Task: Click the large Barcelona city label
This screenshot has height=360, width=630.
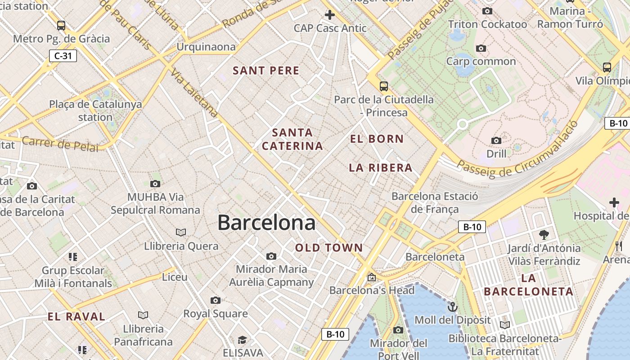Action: (266, 223)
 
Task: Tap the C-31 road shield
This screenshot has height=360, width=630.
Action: (63, 56)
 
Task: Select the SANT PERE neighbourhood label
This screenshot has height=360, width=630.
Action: (266, 71)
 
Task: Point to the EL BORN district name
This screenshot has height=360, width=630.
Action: (377, 139)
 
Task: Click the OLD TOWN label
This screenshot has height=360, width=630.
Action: (329, 247)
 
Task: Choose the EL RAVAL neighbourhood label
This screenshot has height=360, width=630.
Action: (76, 316)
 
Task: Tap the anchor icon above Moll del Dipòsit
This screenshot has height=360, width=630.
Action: (452, 307)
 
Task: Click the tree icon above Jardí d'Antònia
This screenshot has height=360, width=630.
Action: (544, 234)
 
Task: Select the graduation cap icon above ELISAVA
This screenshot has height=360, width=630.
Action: (243, 339)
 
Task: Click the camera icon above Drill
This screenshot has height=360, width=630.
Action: (496, 141)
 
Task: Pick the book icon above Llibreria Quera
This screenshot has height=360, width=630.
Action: (181, 233)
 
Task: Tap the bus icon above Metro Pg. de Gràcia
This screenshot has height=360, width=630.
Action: (61, 26)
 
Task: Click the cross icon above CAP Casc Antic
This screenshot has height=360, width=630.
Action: (330, 15)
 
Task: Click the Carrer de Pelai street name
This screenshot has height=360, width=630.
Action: (60, 144)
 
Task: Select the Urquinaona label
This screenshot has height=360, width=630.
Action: (206, 47)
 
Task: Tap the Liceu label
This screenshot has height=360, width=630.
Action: (175, 277)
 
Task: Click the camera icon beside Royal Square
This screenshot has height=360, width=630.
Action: (216, 300)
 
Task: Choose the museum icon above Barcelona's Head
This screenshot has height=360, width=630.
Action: (372, 277)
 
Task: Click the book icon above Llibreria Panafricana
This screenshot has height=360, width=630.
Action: (143, 315)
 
